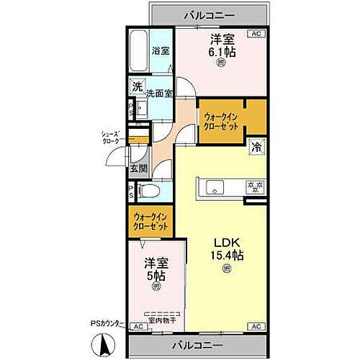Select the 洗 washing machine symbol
pos(137,87)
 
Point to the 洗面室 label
pos(160,93)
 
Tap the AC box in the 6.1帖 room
pos(256,33)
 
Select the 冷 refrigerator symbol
pos(256,146)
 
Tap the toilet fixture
pos(148,192)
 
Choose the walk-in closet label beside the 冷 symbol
pos(222,120)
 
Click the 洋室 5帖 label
pos(156,269)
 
